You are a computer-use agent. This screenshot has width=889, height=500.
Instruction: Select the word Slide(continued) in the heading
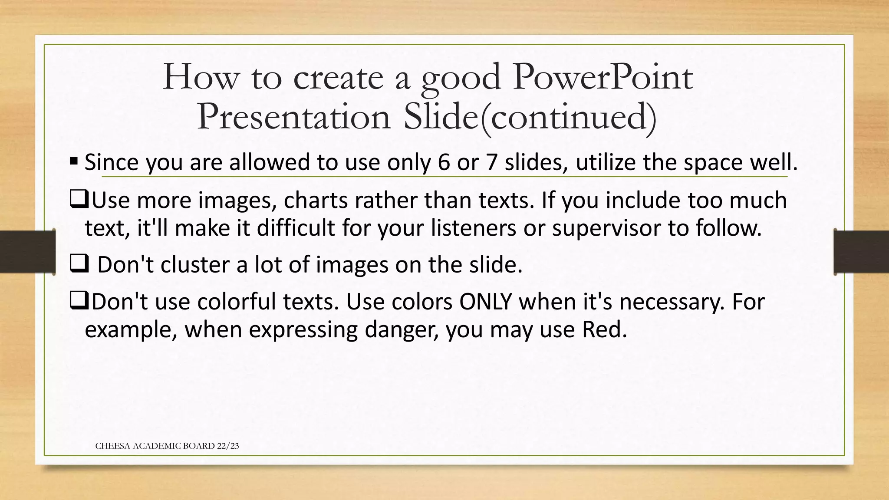click(x=530, y=117)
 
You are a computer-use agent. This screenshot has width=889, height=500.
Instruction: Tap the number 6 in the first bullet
click(x=444, y=162)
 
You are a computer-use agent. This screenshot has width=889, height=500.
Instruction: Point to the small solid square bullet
click(x=73, y=162)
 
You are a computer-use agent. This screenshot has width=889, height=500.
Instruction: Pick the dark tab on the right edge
click(x=861, y=252)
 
